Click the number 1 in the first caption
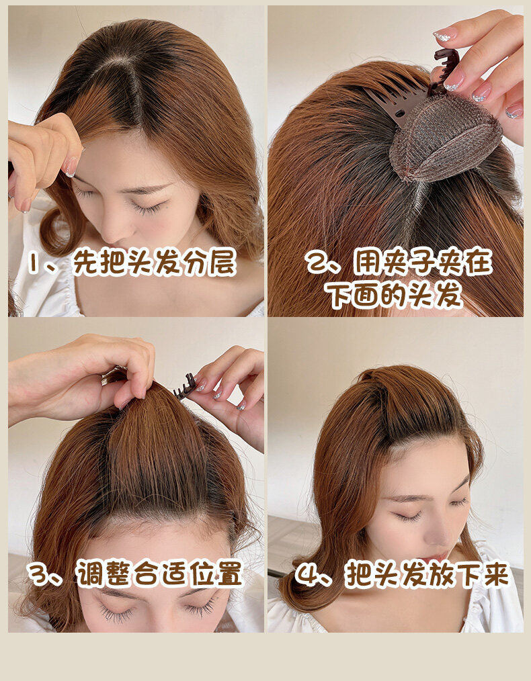click(x=33, y=263)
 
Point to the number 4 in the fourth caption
click(x=307, y=574)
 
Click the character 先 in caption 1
click(x=85, y=262)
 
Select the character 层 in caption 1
click(x=223, y=262)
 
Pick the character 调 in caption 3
click(x=90, y=574)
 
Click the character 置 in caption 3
click(x=229, y=574)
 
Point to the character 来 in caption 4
click(x=496, y=574)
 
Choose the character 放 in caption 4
click(x=440, y=574)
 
